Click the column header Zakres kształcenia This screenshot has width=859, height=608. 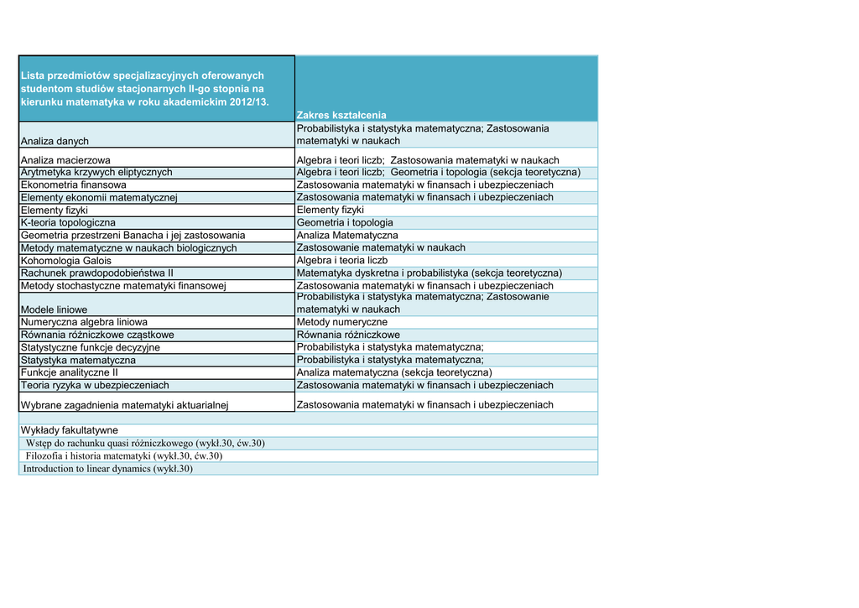click(341, 115)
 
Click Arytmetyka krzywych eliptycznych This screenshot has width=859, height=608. click(96, 172)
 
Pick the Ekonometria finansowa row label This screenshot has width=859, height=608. click(74, 184)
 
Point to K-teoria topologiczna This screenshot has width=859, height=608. click(68, 223)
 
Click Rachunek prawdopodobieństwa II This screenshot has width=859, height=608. click(96, 273)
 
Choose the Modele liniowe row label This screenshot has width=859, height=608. click(54, 309)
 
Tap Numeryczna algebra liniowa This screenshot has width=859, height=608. click(84, 322)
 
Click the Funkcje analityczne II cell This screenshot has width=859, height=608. click(70, 372)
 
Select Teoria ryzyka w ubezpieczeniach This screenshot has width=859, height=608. click(95, 385)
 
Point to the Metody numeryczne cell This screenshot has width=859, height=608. click(342, 322)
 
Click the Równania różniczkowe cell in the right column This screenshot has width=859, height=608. click(348, 335)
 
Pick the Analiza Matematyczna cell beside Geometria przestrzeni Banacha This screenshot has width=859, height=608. click(347, 236)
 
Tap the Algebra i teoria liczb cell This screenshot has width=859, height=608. click(342, 261)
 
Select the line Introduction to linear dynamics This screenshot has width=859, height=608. click(108, 469)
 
